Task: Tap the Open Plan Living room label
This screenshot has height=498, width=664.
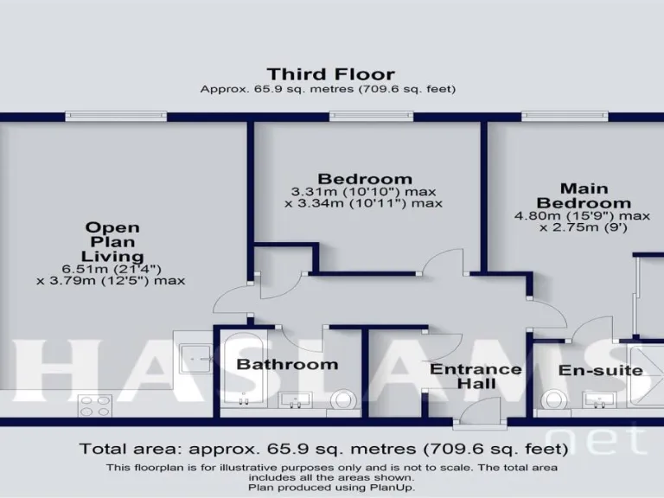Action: tap(112, 242)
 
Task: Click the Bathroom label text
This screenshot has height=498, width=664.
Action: tap(287, 364)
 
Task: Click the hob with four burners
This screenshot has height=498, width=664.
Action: tap(94, 404)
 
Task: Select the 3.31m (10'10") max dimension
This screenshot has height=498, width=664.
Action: tap(364, 191)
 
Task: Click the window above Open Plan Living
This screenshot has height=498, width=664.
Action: tap(116, 116)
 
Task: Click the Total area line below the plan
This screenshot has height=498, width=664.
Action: tap(323, 449)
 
